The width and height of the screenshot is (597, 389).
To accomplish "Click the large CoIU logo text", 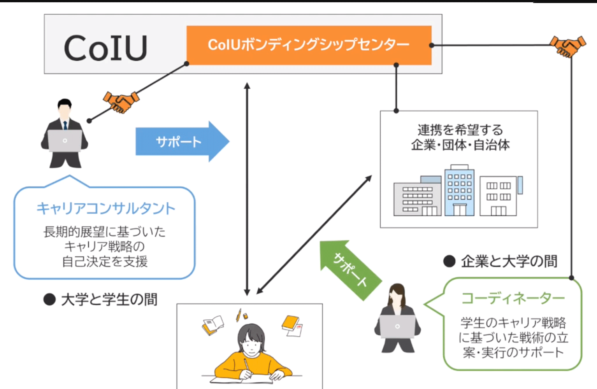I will [x=105, y=48].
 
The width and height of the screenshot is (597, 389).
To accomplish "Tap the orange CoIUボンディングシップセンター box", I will [x=309, y=45].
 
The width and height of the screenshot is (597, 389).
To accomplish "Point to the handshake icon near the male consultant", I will [x=121, y=102].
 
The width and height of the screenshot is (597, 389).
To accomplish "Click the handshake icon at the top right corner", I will [x=567, y=46].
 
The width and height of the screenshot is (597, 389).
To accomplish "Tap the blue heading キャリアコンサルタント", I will [x=106, y=209].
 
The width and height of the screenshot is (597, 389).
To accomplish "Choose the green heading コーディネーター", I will [x=513, y=298].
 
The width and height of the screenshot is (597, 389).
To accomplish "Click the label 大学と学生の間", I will [x=109, y=300].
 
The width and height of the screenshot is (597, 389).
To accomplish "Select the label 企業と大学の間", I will [x=509, y=261].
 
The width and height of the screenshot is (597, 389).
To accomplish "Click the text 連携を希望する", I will [x=460, y=130].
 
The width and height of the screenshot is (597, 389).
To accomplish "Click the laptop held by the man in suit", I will [x=65, y=140].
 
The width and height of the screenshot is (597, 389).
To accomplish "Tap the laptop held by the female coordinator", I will [x=397, y=326].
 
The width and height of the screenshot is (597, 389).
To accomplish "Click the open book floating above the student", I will [x=213, y=325].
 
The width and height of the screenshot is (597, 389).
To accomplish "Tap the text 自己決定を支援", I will [x=105, y=261].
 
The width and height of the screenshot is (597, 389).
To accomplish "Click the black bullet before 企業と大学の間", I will [x=449, y=261].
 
